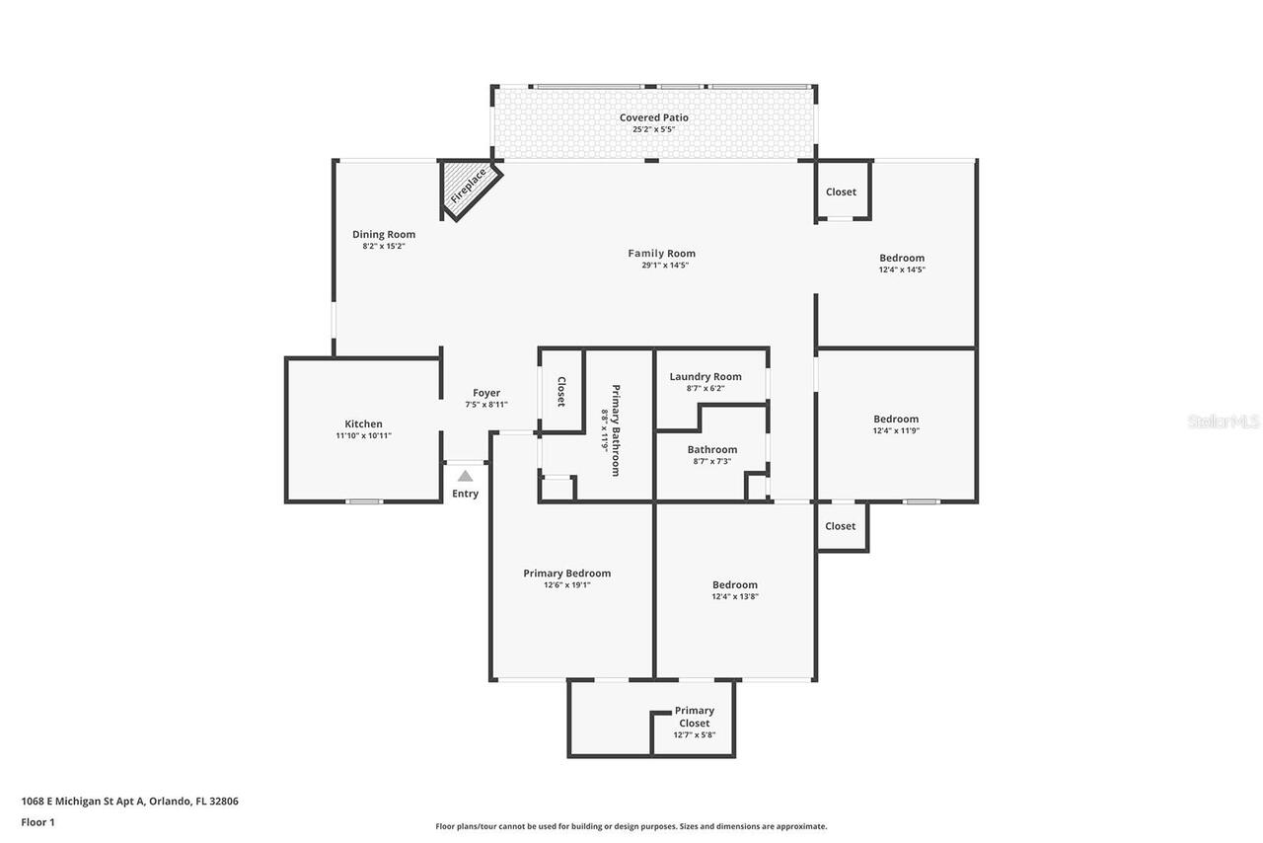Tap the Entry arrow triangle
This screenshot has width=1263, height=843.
pos(465,476)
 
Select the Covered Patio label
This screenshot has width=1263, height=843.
pos(653,117)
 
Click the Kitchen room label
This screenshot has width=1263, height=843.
pos(363,424)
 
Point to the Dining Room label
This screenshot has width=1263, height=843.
pos(384,235)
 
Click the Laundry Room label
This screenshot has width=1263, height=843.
pos(705,377)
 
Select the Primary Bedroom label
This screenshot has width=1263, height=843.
pos(566,574)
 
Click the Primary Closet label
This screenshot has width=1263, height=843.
pos(694,717)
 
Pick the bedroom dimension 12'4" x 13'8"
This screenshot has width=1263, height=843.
pos(735,596)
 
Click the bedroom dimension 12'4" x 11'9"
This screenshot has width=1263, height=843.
pos(896,430)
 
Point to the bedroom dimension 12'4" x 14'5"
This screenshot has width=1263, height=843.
pos(902,269)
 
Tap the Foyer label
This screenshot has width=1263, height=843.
pos(485,393)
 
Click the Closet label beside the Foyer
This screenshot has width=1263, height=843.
pos(560,392)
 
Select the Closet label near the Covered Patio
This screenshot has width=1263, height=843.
pos(841,192)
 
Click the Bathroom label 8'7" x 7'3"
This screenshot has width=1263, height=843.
pos(711,450)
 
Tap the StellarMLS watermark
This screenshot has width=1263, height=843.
pos(1224,421)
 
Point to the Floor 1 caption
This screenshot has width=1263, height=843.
pos(37,822)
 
